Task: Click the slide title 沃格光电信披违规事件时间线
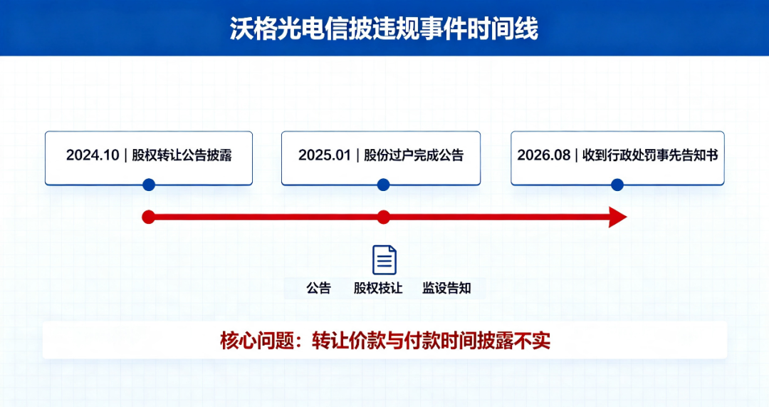pyautogui.click(x=384, y=29)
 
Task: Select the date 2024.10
pyautogui.click(x=93, y=155)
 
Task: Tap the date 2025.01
pyautogui.click(x=325, y=155)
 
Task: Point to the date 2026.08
pyautogui.click(x=544, y=155)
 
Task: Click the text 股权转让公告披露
pyautogui.click(x=182, y=155)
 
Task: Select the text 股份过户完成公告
pyautogui.click(x=414, y=155)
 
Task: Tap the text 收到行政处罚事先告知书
pyautogui.click(x=650, y=155)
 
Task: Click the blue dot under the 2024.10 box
pyautogui.click(x=149, y=185)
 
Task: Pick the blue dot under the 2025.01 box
pyautogui.click(x=383, y=185)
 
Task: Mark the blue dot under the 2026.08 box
pyautogui.click(x=617, y=185)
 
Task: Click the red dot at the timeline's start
pyautogui.click(x=149, y=217)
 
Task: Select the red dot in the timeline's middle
pyautogui.click(x=384, y=217)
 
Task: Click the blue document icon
pyautogui.click(x=384, y=259)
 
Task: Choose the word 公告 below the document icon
pyautogui.click(x=319, y=288)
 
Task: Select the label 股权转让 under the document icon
pyautogui.click(x=378, y=288)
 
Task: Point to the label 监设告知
pyautogui.click(x=446, y=288)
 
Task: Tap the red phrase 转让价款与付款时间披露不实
pyautogui.click(x=431, y=340)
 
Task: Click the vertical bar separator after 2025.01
pyautogui.click(x=357, y=155)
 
